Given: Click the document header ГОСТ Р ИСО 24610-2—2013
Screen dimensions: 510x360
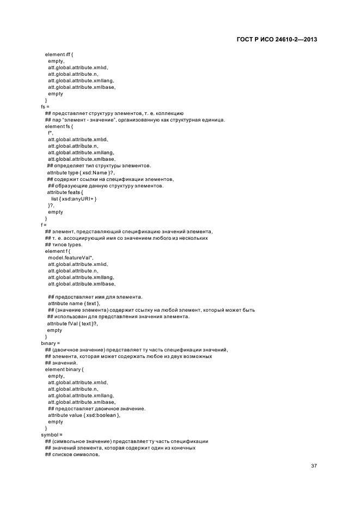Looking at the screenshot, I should (x=278, y=40).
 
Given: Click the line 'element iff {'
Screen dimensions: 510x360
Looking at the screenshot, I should (x=58, y=54).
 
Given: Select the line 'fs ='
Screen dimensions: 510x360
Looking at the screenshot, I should (x=45, y=107).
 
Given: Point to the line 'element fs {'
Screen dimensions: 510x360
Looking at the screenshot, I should (x=58, y=126).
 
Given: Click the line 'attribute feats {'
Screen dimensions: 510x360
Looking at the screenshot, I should (x=66, y=192).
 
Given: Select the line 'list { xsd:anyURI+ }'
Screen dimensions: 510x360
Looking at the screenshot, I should (x=74, y=198).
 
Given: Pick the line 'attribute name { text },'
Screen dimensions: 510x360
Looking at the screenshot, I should (x=74, y=303).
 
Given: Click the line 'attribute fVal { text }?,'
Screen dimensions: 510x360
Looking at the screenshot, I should (x=72, y=323).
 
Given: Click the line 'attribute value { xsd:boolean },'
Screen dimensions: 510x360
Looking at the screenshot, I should (x=84, y=415).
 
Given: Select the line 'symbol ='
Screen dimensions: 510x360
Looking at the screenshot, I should (x=52, y=435).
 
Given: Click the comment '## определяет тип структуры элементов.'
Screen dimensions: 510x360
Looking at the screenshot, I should (x=99, y=166).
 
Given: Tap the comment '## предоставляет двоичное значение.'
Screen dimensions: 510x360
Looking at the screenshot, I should (x=97, y=409).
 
